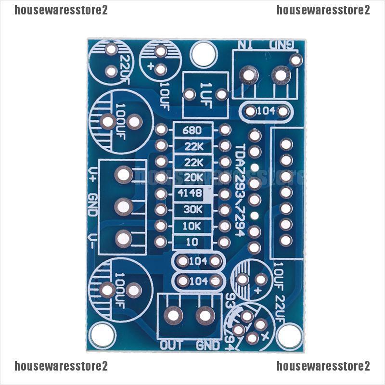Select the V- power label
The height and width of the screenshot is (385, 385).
[x=93, y=238]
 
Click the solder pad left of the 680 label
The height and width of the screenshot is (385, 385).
[x=162, y=130]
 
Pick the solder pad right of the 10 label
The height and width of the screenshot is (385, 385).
[x=224, y=243]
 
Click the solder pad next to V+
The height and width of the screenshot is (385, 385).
[x=124, y=175]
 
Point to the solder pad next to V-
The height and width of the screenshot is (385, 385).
[x=124, y=238]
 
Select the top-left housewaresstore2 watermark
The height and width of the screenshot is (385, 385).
[x=61, y=11]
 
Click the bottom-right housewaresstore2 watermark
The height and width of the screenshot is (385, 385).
[x=323, y=367]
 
